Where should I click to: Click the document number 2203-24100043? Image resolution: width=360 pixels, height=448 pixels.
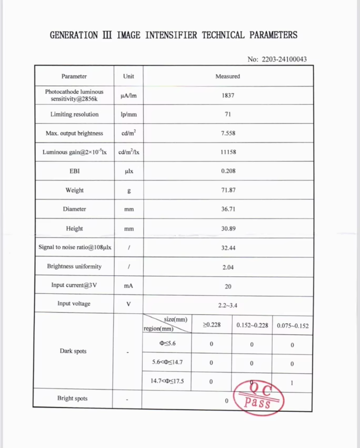click(x=284, y=59)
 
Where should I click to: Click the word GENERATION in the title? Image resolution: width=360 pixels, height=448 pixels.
click(x=74, y=35)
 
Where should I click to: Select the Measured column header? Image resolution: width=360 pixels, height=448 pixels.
click(x=227, y=76)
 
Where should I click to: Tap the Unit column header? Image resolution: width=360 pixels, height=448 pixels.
click(x=128, y=76)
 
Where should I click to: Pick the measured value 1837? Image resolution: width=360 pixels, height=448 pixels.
click(x=228, y=96)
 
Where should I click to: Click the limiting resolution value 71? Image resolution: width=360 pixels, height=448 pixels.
click(x=228, y=114)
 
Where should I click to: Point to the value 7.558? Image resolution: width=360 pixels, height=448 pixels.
click(x=228, y=133)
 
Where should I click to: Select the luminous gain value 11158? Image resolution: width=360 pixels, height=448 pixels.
click(x=228, y=152)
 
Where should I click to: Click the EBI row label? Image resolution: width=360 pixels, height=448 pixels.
click(x=74, y=171)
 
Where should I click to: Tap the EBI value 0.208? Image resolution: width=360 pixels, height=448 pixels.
click(x=228, y=171)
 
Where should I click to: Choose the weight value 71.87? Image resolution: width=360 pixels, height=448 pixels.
click(x=228, y=190)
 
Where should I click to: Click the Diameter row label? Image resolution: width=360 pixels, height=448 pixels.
click(x=74, y=209)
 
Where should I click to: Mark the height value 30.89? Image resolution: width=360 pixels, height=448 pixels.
click(x=228, y=228)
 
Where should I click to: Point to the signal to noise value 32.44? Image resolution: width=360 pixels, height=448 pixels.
click(x=228, y=247)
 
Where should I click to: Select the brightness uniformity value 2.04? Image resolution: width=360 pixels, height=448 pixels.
click(x=228, y=267)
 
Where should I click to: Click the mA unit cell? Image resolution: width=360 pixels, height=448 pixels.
click(x=128, y=285)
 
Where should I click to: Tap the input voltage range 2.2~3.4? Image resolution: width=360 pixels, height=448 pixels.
click(x=228, y=305)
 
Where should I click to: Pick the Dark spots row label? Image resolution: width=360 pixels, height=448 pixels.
click(x=73, y=351)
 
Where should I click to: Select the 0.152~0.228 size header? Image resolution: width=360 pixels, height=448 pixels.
click(x=252, y=325)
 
